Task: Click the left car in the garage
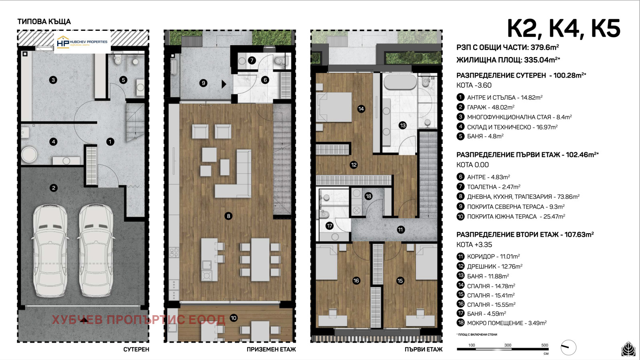click(50, 251)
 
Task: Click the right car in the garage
click(96, 251)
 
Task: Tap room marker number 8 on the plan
click(228, 216)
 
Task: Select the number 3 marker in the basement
click(53, 80)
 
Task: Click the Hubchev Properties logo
click(82, 42)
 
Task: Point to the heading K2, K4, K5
click(564, 28)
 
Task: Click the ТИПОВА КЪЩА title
click(44, 22)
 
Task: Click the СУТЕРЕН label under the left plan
click(136, 350)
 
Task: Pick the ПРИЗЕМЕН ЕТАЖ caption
click(271, 350)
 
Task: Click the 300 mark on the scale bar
click(508, 345)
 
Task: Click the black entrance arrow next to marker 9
click(224, 84)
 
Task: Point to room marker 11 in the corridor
click(400, 230)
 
